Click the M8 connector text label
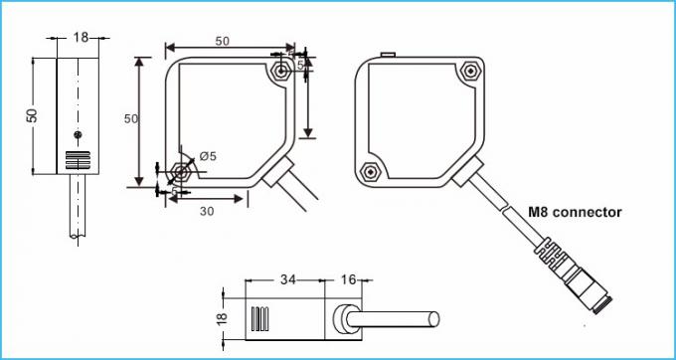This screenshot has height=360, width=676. coord(576,212)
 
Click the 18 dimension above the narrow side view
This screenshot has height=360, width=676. coord(81,37)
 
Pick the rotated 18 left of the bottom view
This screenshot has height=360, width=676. coord(222,320)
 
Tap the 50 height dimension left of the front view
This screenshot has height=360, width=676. coord(129,118)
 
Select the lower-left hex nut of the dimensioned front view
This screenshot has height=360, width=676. coord(180,169)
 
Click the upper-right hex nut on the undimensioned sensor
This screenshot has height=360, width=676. coord(470,72)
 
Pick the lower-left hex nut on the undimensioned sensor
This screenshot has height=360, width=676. coord(371,170)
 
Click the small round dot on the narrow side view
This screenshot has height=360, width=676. coord(78,134)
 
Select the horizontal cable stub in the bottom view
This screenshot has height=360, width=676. coord(398,319)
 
